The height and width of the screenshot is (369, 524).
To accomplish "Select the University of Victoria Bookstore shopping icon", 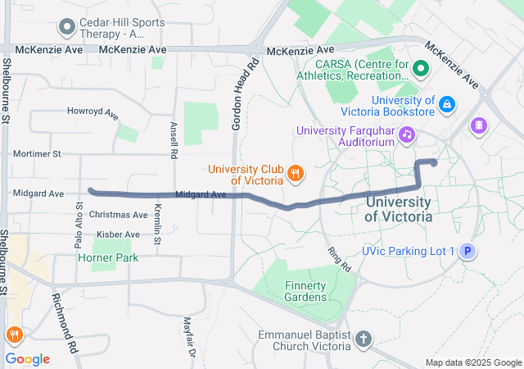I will pos(446,104).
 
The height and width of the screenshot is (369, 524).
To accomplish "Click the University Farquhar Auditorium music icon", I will pos(405,134).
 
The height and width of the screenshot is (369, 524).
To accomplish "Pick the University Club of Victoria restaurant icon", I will pos(295,173).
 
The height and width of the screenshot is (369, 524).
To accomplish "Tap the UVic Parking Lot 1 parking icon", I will pos(467,252).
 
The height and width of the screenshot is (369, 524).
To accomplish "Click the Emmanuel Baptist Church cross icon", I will pos(364,339).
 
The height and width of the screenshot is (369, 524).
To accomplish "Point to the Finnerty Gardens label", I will pos(305,290).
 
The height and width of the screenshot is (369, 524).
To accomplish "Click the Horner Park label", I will pos(108,257).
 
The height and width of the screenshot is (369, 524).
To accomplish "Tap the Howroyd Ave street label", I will pos(93,112).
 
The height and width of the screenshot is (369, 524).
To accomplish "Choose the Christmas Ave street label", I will pos(119,215).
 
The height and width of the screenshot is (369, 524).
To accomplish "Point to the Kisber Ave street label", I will pos(119,235).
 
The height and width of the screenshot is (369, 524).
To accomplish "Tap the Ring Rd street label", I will pos(338,261).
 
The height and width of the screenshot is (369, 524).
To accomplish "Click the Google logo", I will pos(27,359).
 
